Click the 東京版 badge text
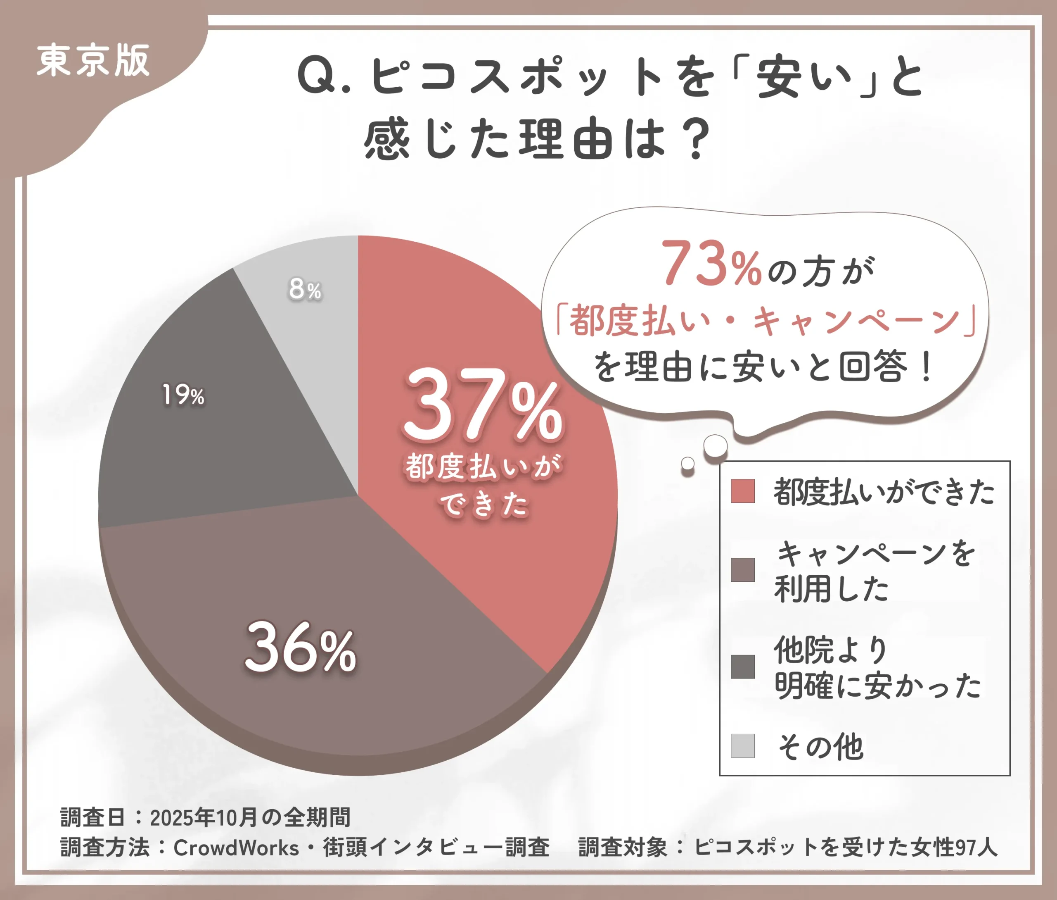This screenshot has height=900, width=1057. click(x=93, y=61)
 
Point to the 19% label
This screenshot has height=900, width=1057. click(x=182, y=395)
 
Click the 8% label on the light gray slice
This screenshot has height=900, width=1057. click(x=305, y=289)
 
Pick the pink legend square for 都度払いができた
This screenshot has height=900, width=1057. click(x=742, y=491)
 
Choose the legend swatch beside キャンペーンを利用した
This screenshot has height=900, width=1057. click(x=742, y=570)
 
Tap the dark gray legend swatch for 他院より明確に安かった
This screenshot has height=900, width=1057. click(x=742, y=667)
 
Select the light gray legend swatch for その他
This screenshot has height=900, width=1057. click(x=742, y=746)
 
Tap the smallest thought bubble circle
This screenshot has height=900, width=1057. click(x=688, y=463)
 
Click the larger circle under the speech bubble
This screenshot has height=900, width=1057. click(x=716, y=446)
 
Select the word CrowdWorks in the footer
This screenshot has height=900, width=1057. click(x=236, y=848)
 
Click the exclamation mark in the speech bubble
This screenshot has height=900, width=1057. click(x=927, y=367)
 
